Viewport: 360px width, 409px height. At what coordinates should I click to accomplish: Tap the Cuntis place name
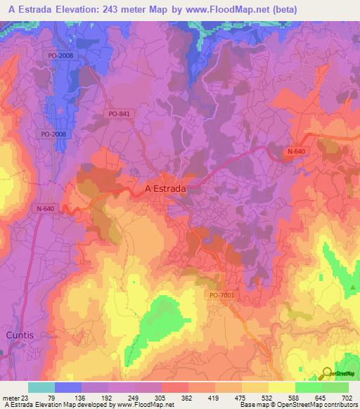tap(20, 335)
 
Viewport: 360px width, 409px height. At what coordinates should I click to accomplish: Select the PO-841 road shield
tap(120, 113)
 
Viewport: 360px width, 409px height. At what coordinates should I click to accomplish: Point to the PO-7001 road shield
tap(221, 296)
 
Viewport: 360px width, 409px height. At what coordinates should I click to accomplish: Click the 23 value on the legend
tap(27, 397)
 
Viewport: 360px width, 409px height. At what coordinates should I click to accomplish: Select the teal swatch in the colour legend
tap(41, 387)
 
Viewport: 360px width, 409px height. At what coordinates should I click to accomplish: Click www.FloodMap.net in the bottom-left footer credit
tap(137, 405)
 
